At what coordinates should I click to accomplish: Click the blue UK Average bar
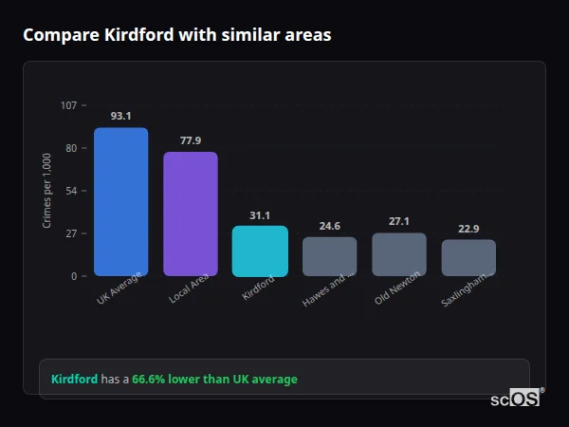[120, 201]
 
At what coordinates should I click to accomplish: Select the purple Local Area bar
[190, 213]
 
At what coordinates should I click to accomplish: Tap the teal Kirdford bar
[260, 251]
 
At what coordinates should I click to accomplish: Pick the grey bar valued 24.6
[329, 256]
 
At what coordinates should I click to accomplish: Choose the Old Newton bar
[398, 254]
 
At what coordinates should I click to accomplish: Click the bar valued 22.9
[468, 257]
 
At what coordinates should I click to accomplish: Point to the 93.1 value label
[120, 116]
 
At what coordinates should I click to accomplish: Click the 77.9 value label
[190, 140]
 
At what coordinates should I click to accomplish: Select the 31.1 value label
[260, 215]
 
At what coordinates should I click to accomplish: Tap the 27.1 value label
[398, 221]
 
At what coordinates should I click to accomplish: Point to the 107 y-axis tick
[68, 105]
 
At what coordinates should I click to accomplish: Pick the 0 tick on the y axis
[73, 276]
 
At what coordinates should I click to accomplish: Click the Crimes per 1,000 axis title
[46, 191]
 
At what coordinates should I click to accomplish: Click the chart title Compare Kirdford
[176, 35]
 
